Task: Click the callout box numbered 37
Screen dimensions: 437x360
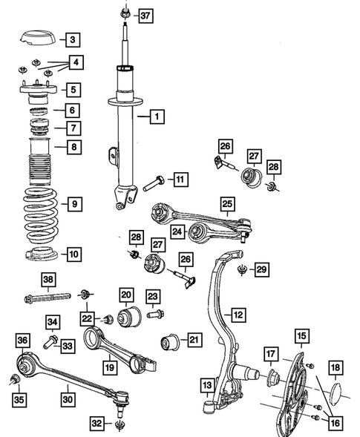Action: pos(145,16)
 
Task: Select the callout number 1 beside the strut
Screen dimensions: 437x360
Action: pos(157,116)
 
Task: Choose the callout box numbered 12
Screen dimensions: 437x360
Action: pos(238,315)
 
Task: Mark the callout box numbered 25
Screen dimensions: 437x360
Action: pos(227,202)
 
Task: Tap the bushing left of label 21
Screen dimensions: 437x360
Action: pos(171,343)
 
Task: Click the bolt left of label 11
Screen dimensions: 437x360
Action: pos(154,181)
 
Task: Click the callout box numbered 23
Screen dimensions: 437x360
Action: pos(152,295)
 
